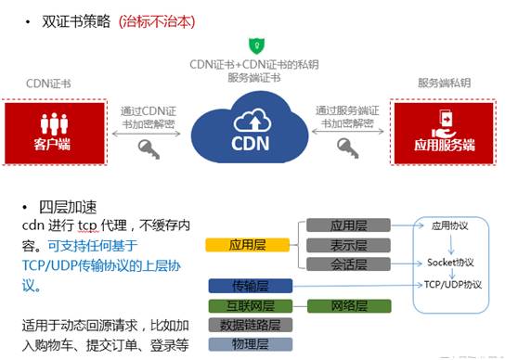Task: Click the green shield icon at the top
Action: [253, 45]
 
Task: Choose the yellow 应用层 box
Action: [243, 245]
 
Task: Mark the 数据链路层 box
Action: [249, 324]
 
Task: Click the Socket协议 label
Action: [450, 262]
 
